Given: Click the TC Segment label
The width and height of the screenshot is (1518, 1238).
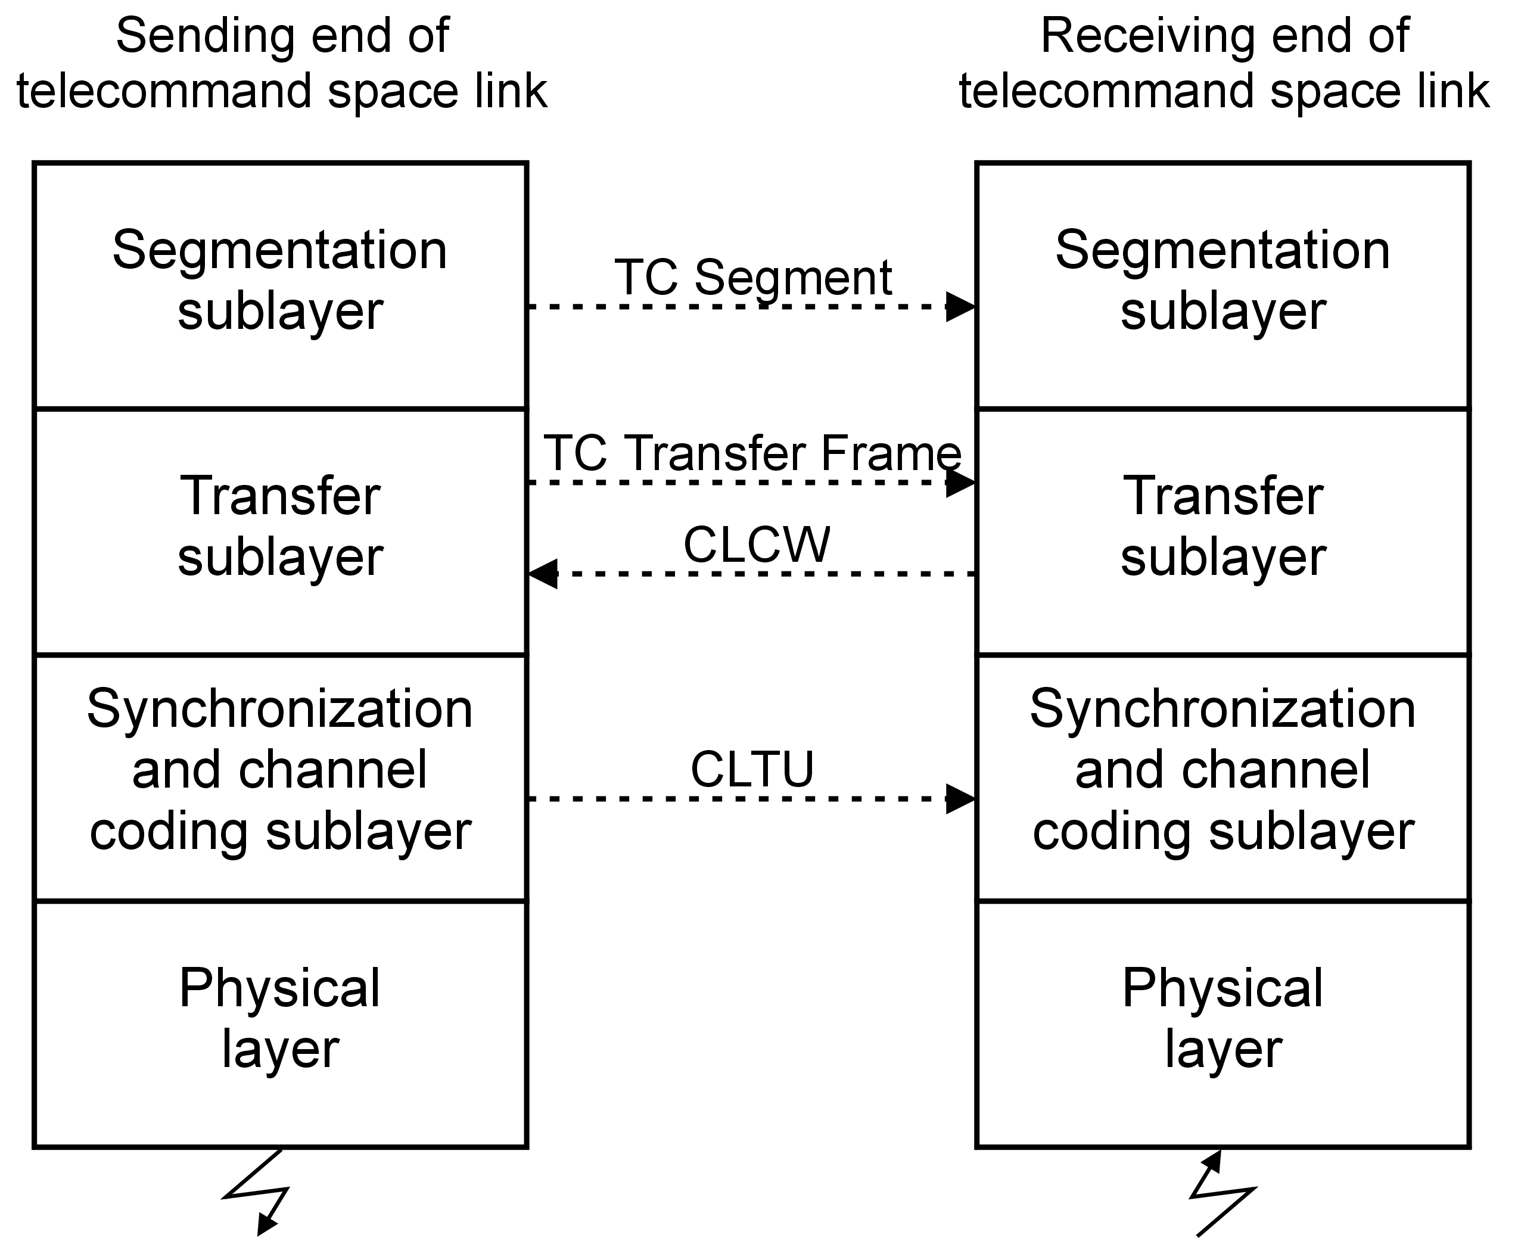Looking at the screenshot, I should (x=752, y=278).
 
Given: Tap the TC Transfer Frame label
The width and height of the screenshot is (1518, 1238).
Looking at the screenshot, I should (x=752, y=453).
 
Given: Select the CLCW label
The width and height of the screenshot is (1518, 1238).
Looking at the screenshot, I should (x=757, y=545).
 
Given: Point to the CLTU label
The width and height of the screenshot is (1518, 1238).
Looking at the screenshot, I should (x=752, y=770).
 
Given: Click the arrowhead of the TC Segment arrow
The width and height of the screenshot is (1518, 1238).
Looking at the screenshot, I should (x=960, y=307).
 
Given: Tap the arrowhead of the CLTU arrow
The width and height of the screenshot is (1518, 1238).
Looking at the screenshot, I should (x=960, y=799).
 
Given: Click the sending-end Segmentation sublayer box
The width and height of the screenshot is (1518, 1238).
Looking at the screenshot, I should (x=280, y=285).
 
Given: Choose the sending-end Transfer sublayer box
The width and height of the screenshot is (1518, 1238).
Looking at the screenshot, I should (x=280, y=531).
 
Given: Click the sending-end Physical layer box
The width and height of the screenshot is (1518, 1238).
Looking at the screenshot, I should (x=280, y=1024).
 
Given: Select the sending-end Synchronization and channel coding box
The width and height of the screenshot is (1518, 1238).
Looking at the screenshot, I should (x=280, y=777).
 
